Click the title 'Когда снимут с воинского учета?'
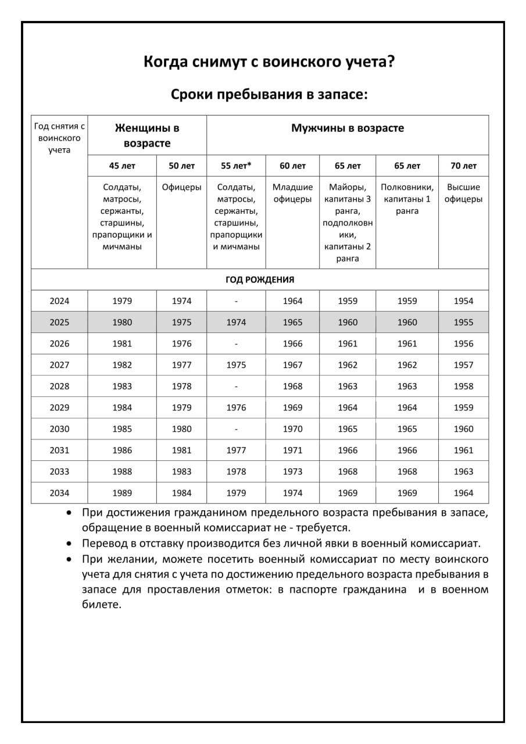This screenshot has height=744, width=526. [269, 62]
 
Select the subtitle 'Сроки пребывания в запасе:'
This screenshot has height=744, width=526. [269, 94]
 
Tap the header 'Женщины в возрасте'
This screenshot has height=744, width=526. [147, 135]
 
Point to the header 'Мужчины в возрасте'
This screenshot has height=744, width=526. [348, 128]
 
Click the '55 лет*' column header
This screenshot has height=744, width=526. [236, 166]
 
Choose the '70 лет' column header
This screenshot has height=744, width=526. [463, 166]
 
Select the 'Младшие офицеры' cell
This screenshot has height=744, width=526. [292, 193]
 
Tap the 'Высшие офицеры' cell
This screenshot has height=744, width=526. [463, 193]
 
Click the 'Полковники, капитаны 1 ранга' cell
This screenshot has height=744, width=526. [407, 199]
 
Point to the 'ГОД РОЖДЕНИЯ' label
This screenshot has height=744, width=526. [260, 280]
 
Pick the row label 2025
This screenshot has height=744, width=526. [59, 322]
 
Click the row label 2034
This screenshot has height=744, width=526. [59, 493]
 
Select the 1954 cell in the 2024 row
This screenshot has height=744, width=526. [463, 301]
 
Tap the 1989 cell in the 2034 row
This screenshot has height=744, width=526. [122, 493]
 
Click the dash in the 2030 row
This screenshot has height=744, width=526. [236, 429]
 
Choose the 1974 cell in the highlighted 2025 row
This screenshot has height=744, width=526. [236, 322]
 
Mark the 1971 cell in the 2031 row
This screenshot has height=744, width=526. [292, 450]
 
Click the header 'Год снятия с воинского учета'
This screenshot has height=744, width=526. [59, 138]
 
